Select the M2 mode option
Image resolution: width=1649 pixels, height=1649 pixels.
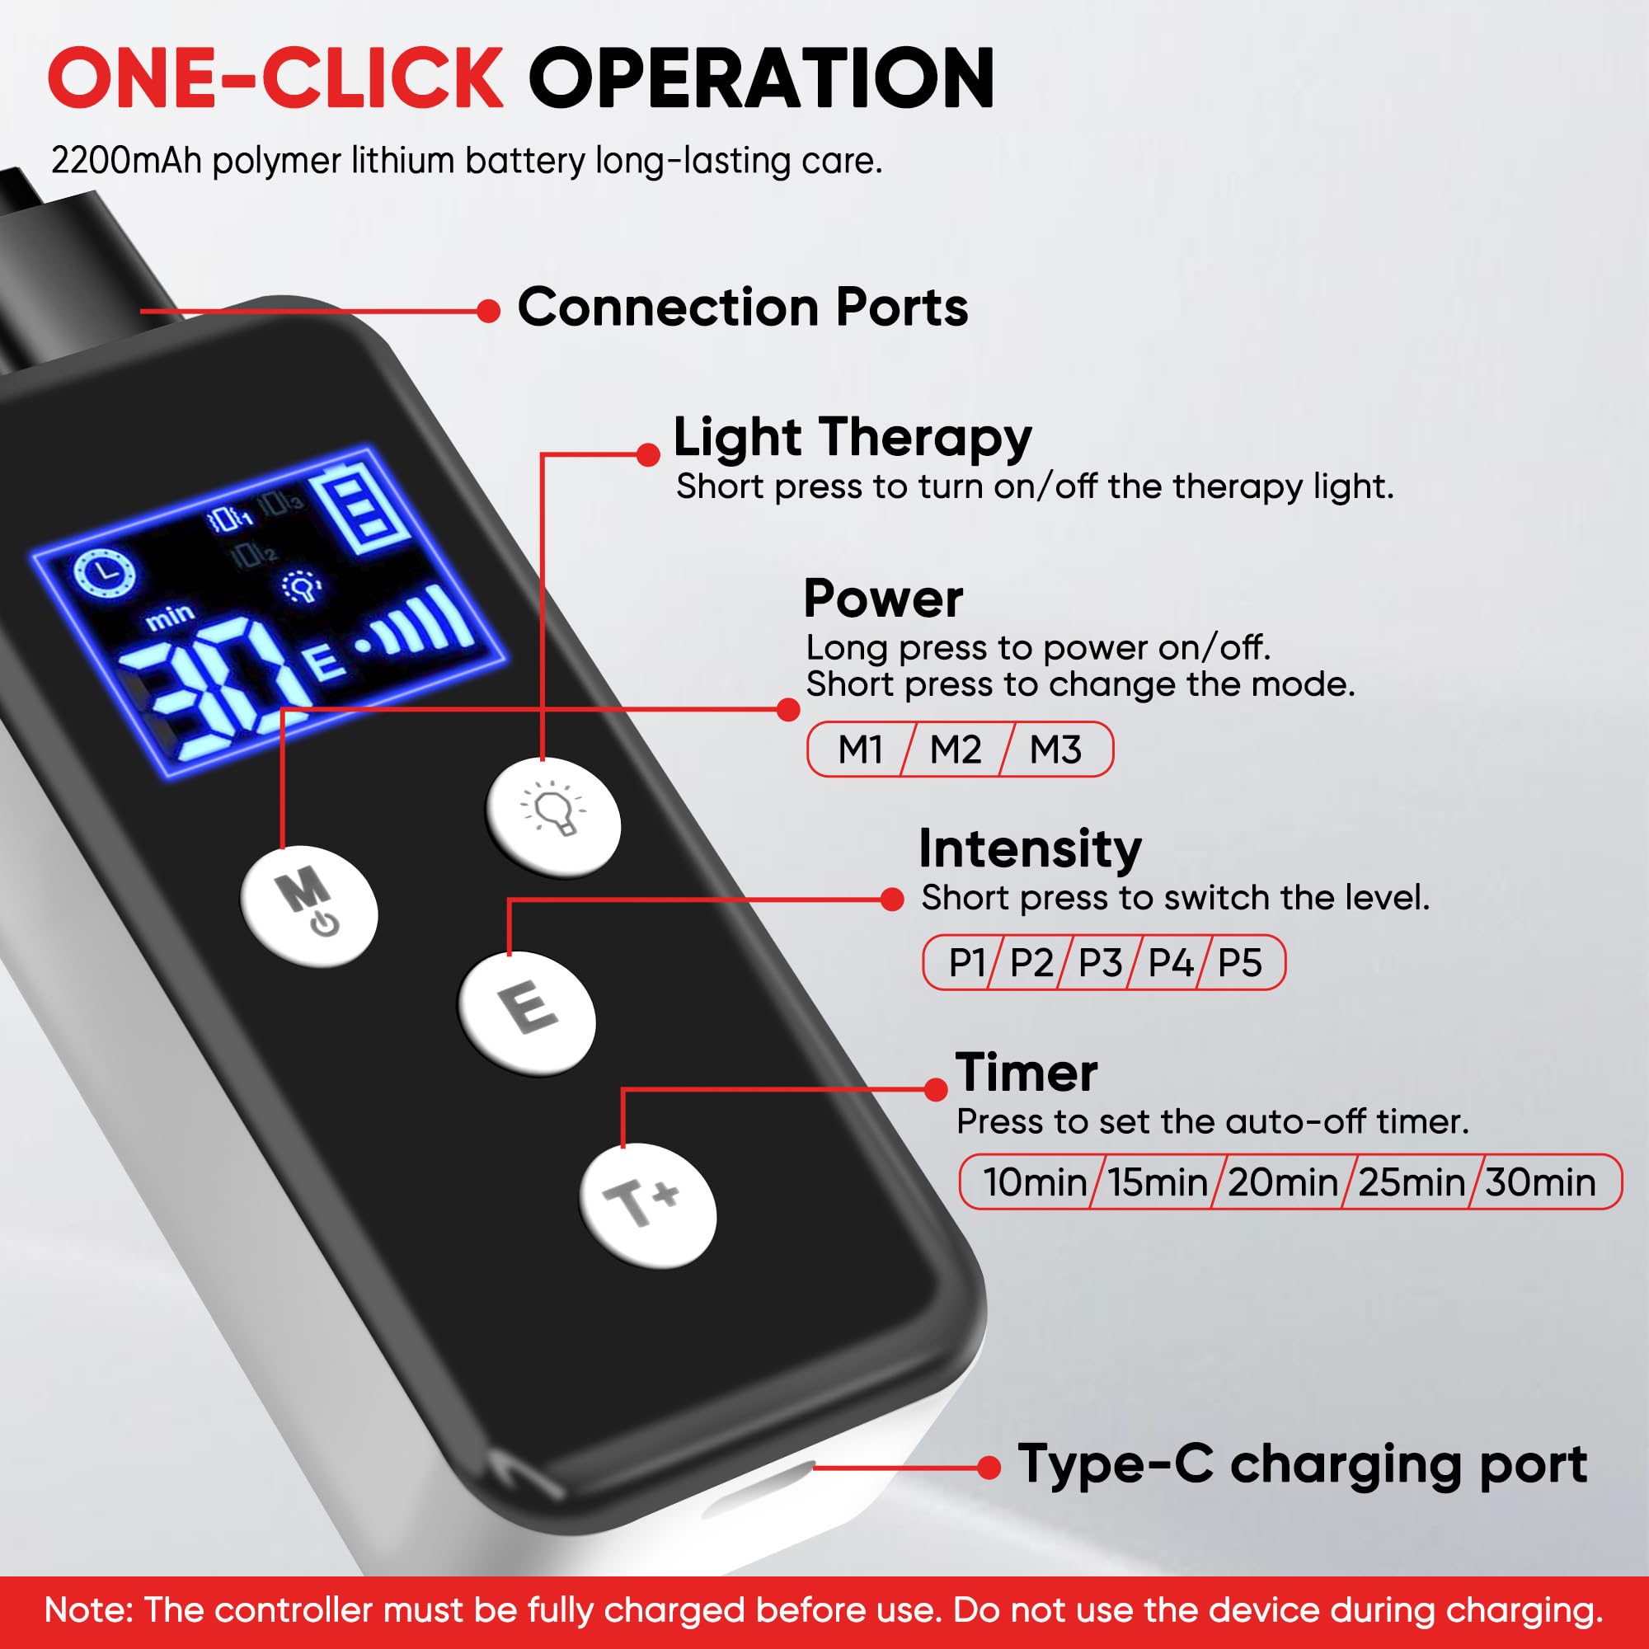[x=955, y=749]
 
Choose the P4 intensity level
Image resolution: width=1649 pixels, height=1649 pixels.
[x=1170, y=963]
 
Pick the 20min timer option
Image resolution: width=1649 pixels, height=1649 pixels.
[x=1283, y=1182]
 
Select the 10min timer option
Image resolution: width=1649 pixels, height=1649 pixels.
[x=1035, y=1182]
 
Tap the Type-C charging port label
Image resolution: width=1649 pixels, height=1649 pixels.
[x=1303, y=1463]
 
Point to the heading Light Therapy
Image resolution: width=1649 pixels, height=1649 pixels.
[x=853, y=439]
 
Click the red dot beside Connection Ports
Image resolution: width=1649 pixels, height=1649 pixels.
[x=488, y=311]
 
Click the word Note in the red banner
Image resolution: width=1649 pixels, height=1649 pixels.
[x=89, y=1609]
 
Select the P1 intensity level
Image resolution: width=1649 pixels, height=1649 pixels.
[x=967, y=963]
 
